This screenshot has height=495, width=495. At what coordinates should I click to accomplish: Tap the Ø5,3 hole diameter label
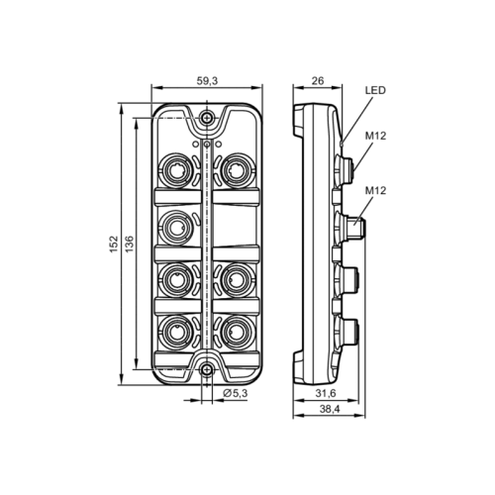(235, 394)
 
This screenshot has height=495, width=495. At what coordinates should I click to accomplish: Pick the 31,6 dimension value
(328, 394)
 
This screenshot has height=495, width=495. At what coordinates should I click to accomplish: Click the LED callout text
(375, 90)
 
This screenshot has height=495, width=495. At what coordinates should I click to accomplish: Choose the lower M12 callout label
(376, 190)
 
